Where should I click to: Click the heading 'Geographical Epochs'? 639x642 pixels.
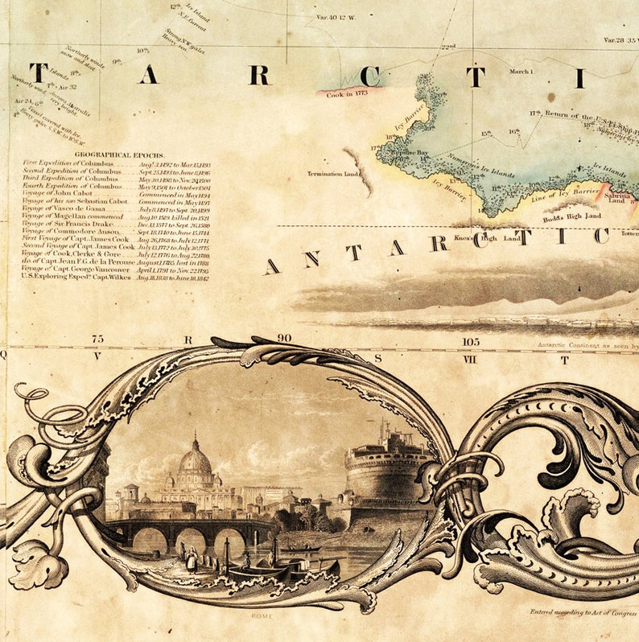point(119,154)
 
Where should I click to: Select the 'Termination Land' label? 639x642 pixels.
point(332,174)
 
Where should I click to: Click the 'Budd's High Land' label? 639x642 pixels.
point(571,216)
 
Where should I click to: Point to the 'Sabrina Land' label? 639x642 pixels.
point(619,197)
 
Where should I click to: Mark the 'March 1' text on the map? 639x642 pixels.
point(520,72)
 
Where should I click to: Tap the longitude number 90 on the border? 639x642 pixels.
point(283,339)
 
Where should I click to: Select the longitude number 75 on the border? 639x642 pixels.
point(97,340)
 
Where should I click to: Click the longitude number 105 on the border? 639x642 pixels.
point(470,341)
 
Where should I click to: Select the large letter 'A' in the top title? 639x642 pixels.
point(147,75)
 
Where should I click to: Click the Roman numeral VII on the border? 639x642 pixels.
point(470,359)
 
